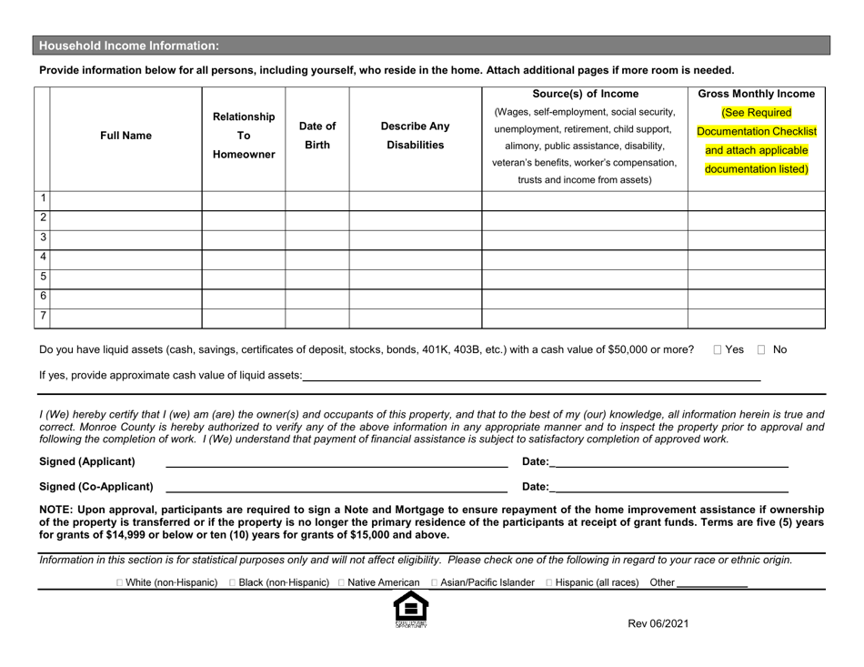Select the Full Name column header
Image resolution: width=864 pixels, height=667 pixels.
point(126,136)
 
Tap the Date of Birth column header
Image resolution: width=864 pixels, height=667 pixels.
point(316,136)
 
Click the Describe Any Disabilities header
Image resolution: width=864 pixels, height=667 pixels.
point(415,136)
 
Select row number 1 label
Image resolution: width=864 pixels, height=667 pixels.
point(42,200)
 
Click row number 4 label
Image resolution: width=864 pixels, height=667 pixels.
point(42,258)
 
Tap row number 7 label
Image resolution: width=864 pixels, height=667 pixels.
point(42,317)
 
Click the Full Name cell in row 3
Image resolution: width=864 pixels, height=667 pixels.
point(126,239)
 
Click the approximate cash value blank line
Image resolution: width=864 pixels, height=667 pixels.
point(531,375)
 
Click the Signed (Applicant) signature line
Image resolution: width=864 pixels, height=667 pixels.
point(335,462)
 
